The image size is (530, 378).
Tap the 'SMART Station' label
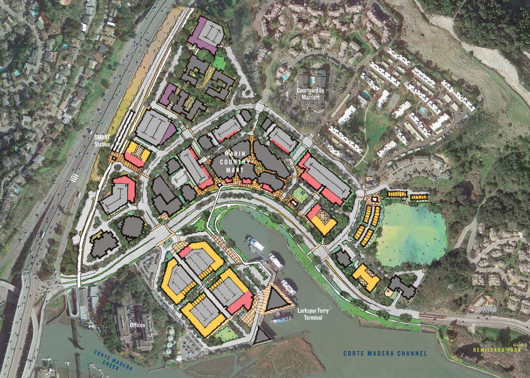coord(101,142)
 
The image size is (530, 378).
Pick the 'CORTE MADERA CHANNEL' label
coord(384,354)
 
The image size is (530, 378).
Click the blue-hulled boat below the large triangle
coord(281,319)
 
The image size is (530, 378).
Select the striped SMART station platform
coord(128,130)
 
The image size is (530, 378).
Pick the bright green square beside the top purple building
coord(219,62)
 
